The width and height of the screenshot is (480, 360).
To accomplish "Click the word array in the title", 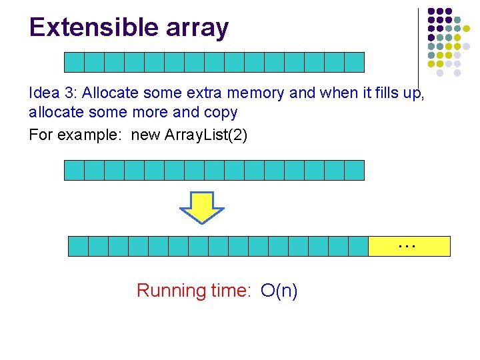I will [x=198, y=27].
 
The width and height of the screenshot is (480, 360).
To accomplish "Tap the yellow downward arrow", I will [x=202, y=207].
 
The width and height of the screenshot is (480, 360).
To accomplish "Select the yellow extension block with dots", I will [x=409, y=246].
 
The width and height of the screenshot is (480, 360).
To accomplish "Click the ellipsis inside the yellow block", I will [x=406, y=246].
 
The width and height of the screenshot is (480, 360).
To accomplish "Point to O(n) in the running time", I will [x=279, y=291].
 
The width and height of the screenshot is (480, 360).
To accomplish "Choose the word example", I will [x=91, y=135].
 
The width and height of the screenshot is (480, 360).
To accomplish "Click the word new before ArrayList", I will [x=145, y=135].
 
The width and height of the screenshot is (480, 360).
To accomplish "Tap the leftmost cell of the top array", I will [x=74, y=62].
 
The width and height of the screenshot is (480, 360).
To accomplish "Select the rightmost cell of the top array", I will [x=354, y=62].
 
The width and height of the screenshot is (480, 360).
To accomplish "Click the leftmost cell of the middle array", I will [x=74, y=170].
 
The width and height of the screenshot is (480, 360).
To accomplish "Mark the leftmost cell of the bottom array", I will [x=79, y=246].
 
